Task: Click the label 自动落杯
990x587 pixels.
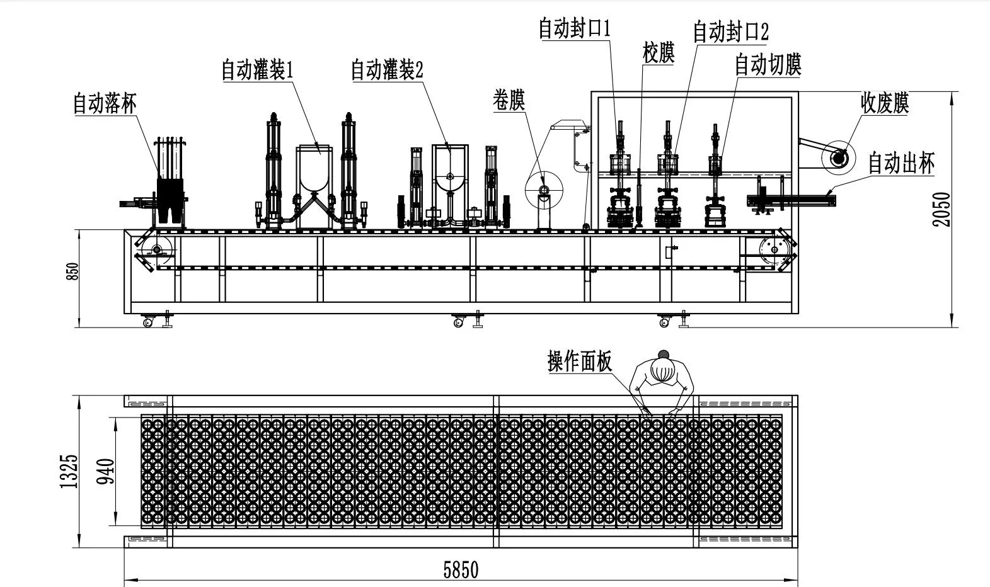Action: pyautogui.click(x=105, y=103)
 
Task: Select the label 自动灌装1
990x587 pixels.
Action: pyautogui.click(x=257, y=70)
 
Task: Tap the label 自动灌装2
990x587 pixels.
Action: pyautogui.click(x=387, y=70)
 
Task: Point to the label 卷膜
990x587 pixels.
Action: pyautogui.click(x=509, y=100)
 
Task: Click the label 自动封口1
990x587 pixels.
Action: pyautogui.click(x=575, y=28)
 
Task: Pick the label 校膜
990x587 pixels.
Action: pyautogui.click(x=659, y=53)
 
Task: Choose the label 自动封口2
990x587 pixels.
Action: pyautogui.click(x=730, y=31)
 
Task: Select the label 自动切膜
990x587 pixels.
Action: pyautogui.click(x=768, y=64)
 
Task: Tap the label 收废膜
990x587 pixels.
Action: pyautogui.click(x=885, y=103)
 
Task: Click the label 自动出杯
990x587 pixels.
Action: pyautogui.click(x=901, y=163)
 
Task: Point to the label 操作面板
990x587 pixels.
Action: pyautogui.click(x=580, y=362)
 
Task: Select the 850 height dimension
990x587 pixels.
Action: pyautogui.click(x=74, y=271)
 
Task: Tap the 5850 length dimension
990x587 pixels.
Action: pyautogui.click(x=461, y=570)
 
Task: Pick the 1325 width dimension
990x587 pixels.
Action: pyautogui.click(x=69, y=471)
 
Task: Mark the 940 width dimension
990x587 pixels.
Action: pyautogui.click(x=106, y=471)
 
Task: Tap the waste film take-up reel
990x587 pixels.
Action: pyautogui.click(x=838, y=157)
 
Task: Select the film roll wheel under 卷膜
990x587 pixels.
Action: pyautogui.click(x=544, y=190)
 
